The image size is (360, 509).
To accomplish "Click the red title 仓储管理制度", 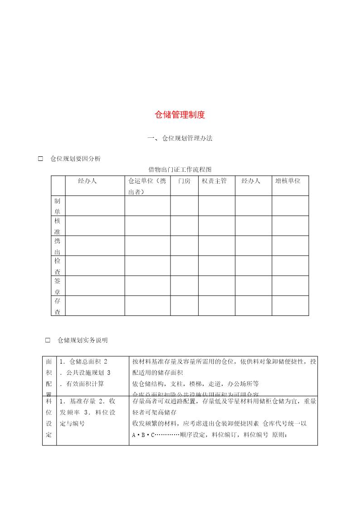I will [x=180, y=115].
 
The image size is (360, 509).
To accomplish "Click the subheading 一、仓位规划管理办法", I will [x=180, y=139].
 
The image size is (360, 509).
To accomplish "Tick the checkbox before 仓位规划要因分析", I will [x=40, y=159].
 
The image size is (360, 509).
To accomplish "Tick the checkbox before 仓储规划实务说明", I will [x=48, y=340].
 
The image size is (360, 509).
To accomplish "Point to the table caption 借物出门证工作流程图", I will [x=180, y=170].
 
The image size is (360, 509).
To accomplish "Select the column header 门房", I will [x=184, y=181].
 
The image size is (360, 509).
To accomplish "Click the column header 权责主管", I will [x=214, y=181].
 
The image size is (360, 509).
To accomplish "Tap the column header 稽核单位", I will [x=287, y=181].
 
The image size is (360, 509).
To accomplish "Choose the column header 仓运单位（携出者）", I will [x=147, y=186].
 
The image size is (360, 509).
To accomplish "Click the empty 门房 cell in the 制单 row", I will [x=184, y=206].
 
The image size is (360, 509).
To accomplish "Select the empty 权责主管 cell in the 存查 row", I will [x=216, y=305].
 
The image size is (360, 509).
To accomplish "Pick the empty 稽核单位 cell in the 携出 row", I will [x=290, y=246].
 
